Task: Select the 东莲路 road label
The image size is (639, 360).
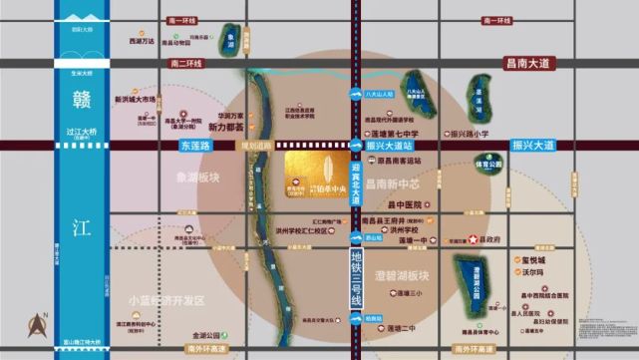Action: (x=197, y=145)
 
